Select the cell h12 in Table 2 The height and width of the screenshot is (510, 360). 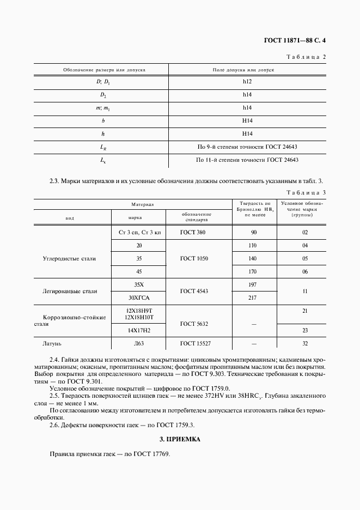coord(247,82)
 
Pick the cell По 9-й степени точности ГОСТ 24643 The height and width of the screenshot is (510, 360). coord(247,147)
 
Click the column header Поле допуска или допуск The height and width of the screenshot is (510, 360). coord(242,70)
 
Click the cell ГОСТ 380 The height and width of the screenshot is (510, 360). coord(193,232)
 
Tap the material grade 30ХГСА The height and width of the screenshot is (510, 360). coord(138,297)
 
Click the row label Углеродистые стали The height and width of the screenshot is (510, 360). coord(69,258)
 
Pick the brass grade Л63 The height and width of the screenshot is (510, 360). coord(138,344)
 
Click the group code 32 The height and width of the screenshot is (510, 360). coord(305,344)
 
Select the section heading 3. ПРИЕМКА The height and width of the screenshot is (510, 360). coord(180,439)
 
